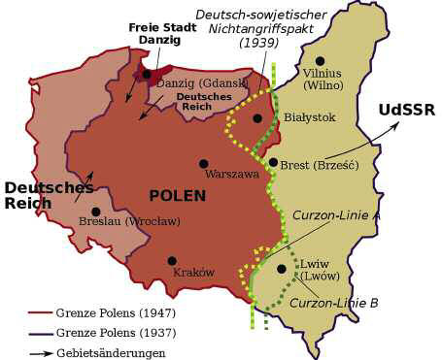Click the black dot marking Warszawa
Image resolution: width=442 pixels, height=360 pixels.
pyautogui.click(x=204, y=164)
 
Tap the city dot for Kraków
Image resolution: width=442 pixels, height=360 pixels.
pyautogui.click(x=172, y=260)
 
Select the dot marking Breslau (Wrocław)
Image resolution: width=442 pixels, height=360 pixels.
pyautogui.click(x=95, y=211)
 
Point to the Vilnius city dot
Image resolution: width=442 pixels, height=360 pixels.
pyautogui.click(x=320, y=60)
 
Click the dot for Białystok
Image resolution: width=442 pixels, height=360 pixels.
pyautogui.click(x=257, y=118)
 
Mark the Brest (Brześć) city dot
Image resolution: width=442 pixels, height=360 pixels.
pyautogui.click(x=273, y=162)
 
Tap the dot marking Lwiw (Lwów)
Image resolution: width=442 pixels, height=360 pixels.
pyautogui.click(x=282, y=269)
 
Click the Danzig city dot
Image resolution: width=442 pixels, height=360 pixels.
pyautogui.click(x=147, y=74)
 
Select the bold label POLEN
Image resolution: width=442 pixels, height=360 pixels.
pyautogui.click(x=177, y=195)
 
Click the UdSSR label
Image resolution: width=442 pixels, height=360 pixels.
pyautogui.click(x=405, y=110)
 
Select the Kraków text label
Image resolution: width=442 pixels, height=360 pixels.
pyautogui.click(x=193, y=273)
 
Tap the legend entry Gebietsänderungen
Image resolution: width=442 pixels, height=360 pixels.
pyautogui.click(x=110, y=353)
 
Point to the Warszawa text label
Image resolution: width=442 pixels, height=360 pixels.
pyautogui.click(x=232, y=175)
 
